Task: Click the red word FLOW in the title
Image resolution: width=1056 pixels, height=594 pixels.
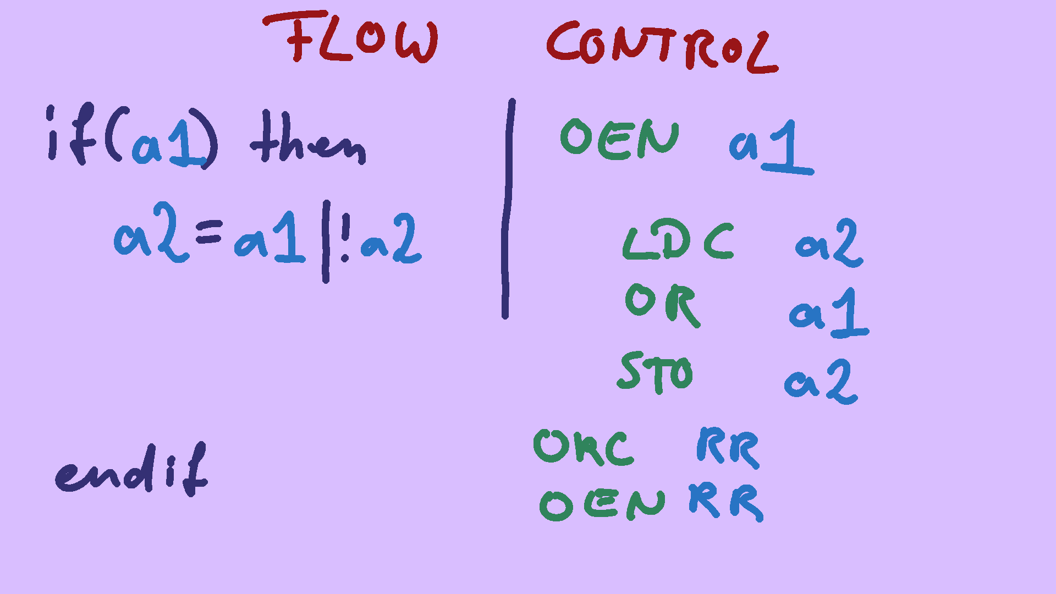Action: [360, 38]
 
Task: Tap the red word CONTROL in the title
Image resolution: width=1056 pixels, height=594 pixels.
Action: [660, 47]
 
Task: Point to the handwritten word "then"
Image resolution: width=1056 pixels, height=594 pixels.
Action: [308, 140]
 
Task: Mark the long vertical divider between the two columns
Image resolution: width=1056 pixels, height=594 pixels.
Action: [508, 209]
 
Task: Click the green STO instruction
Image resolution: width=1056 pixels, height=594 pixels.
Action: [654, 372]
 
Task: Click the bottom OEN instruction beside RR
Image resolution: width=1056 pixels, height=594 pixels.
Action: [602, 504]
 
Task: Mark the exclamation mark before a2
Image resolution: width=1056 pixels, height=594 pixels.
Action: [345, 239]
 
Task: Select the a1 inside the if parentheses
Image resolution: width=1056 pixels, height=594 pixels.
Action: [168, 144]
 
